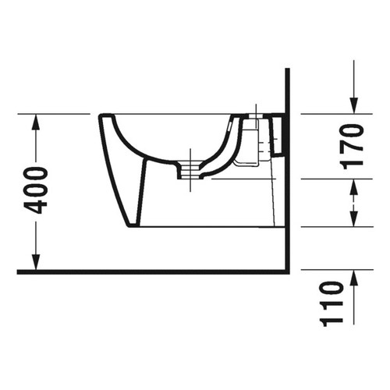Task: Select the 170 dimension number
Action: pyautogui.click(x=353, y=145)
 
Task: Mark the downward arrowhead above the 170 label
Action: pyautogui.click(x=353, y=107)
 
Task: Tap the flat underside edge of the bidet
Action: pyautogui.click(x=211, y=227)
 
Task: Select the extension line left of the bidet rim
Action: pyautogui.click(x=55, y=114)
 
